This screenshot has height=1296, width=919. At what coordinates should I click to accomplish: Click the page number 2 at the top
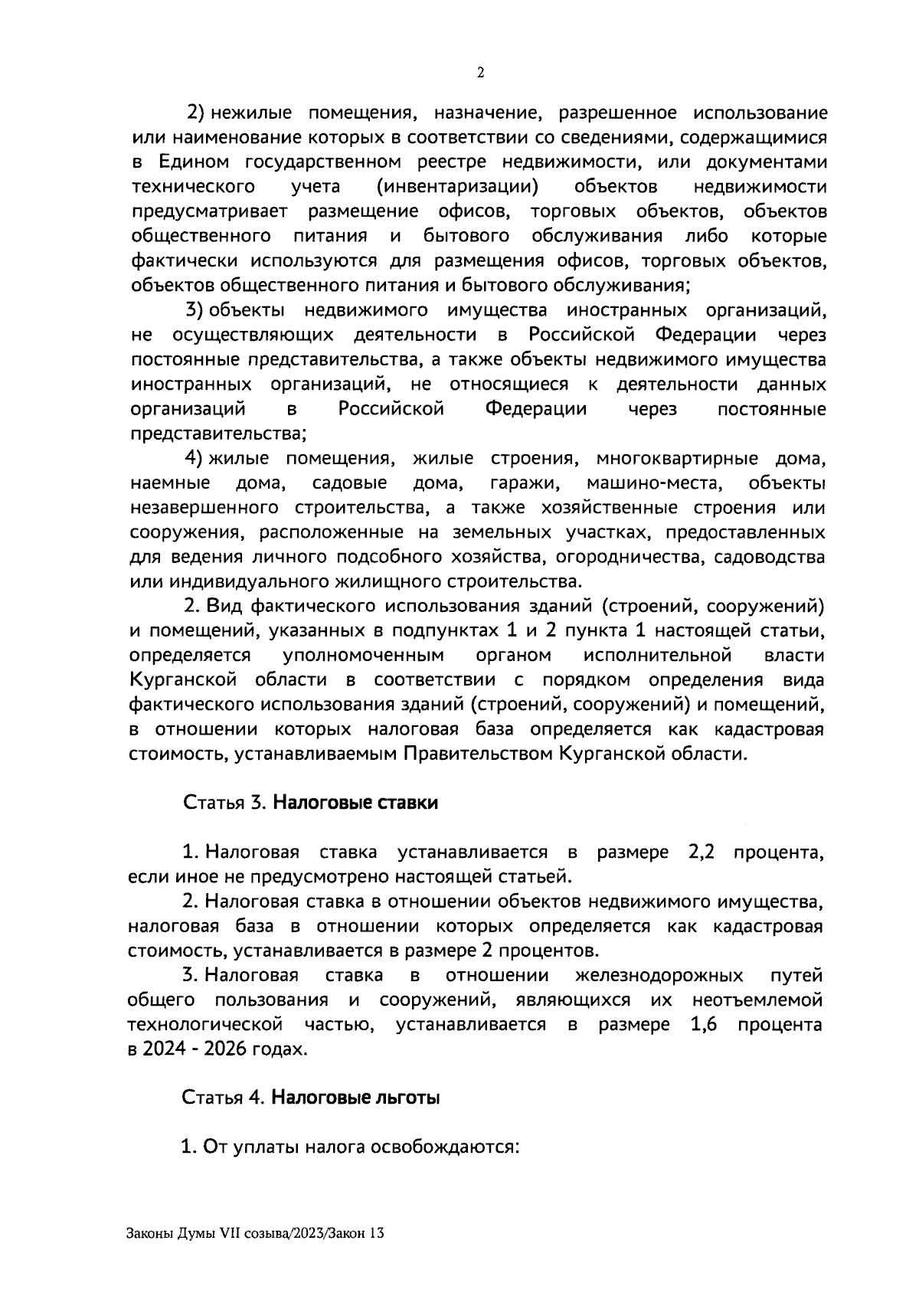tap(480, 73)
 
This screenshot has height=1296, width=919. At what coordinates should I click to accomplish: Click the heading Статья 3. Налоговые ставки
tap(310, 803)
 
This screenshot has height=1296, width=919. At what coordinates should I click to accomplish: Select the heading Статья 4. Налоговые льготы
tap(311, 1097)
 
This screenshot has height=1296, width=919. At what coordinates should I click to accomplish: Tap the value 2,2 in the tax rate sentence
tap(695, 853)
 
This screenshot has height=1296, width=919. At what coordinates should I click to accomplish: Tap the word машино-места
tap(655, 483)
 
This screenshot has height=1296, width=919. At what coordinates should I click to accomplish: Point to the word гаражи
tap(525, 483)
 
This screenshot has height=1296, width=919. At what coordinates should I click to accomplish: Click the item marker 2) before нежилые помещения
tap(195, 114)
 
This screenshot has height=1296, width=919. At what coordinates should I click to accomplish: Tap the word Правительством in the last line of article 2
tap(479, 754)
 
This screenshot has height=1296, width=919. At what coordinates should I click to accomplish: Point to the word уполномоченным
tap(363, 656)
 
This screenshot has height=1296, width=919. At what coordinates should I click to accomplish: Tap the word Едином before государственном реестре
tap(195, 162)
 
